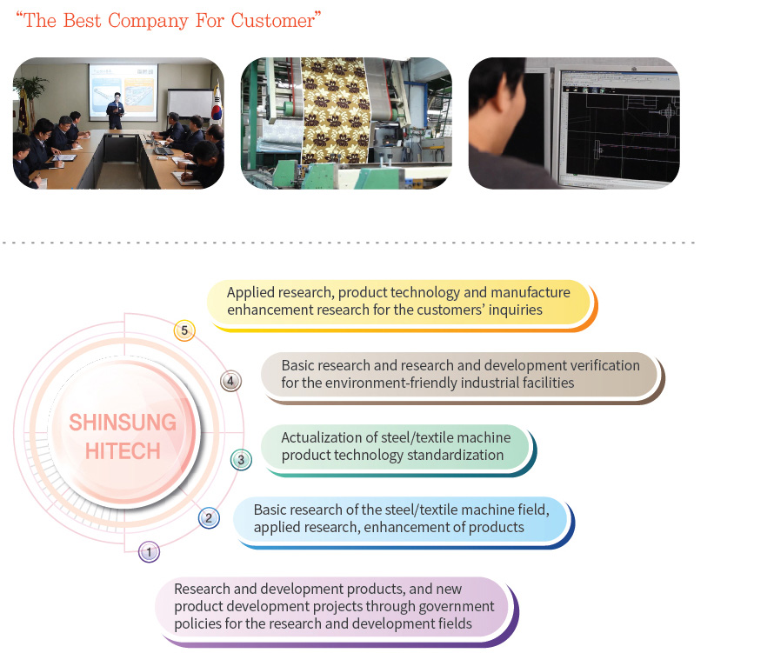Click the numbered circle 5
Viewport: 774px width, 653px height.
[x=183, y=330]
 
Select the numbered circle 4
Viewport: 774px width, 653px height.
[x=230, y=381]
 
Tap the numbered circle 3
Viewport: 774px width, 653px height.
[x=242, y=460]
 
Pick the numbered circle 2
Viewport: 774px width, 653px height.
[x=209, y=519]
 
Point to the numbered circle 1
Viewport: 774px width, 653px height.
[x=149, y=551]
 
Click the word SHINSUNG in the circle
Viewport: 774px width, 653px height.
[x=123, y=423]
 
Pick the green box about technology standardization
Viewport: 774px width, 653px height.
[x=396, y=446]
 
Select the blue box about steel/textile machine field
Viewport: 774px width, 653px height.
[x=401, y=518]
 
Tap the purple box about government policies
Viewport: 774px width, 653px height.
[x=334, y=606]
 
